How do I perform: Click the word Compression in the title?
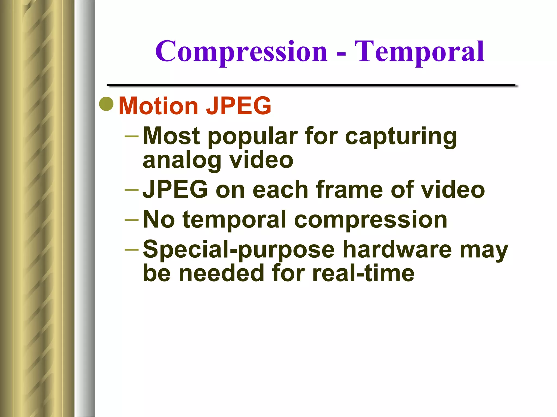pos(241,52)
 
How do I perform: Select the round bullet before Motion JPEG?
pos(106,104)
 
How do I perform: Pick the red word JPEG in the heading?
pos(239,106)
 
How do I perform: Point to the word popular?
pos(253,136)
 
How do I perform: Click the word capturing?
pos(401,136)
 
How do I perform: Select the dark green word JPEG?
pos(175,189)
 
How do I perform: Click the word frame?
pos(350,189)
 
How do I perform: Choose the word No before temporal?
pos(159,219)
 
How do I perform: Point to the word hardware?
pos(397,249)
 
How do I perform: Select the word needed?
pos(221,273)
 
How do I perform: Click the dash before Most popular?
pos(131,136)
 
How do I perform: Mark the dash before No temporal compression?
pos(131,219)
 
